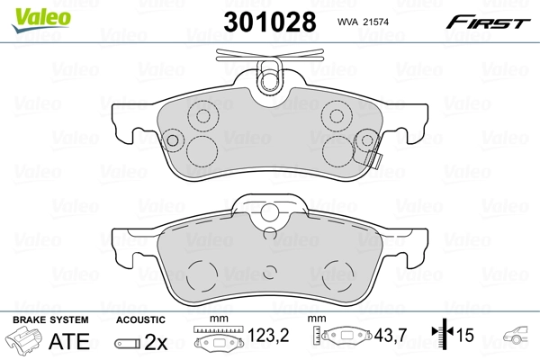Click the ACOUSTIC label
point(141,320)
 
